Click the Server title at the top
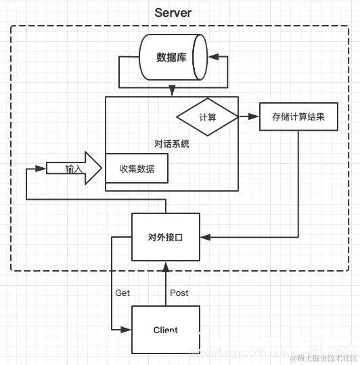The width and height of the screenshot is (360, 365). (173, 12)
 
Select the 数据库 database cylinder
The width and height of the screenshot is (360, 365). (173, 58)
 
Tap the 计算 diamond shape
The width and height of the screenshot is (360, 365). (207, 117)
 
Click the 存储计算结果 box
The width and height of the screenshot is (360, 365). (298, 116)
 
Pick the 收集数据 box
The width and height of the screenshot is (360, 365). (137, 168)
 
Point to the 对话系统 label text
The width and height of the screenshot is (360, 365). (172, 144)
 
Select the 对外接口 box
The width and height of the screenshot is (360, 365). (166, 237)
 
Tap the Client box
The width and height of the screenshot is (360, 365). (166, 330)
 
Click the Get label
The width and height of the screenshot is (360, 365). (122, 293)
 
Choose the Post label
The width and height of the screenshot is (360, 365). (179, 293)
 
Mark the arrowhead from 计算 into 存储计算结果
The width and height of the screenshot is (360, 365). (255, 117)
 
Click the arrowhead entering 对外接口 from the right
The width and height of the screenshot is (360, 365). (205, 237)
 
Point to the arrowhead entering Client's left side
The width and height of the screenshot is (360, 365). (127, 330)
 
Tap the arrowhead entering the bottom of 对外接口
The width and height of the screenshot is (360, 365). (166, 266)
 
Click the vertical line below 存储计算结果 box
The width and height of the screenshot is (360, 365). (298, 183)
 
